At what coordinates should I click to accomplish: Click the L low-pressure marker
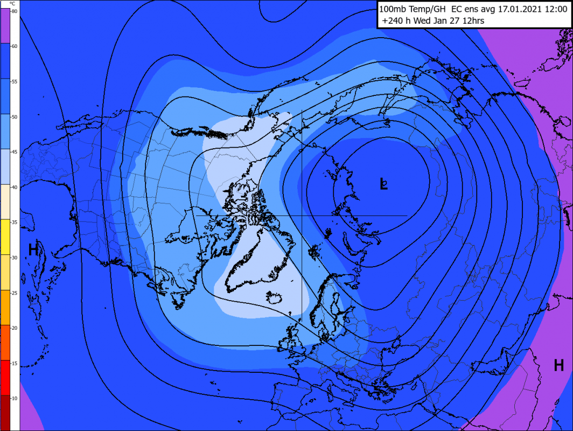pyautogui.click(x=383, y=184)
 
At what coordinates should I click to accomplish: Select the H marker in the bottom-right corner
pyautogui.click(x=558, y=365)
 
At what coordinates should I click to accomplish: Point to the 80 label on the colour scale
pyautogui.click(x=15, y=11)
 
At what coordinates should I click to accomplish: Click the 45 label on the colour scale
pyautogui.click(x=15, y=152)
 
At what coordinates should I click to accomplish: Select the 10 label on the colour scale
pyautogui.click(x=15, y=398)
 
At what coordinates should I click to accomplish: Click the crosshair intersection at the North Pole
pyautogui.click(x=302, y=215)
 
